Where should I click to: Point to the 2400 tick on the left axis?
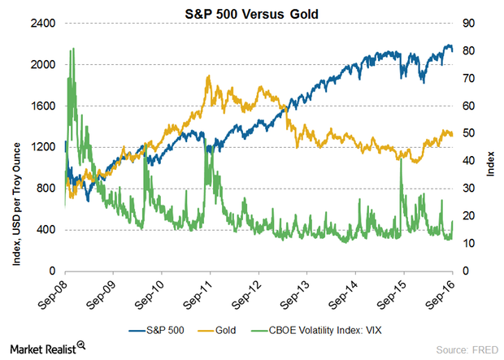pos(43,24)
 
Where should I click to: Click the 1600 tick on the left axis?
pos(43,106)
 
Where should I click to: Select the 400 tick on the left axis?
pos(46,230)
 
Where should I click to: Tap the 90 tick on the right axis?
pos(469,24)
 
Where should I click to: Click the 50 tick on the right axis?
pos(469,133)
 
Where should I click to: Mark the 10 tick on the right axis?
pos(469,244)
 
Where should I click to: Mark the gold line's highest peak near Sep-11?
pos(210,76)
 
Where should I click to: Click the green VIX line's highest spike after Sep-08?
pos(73,49)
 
